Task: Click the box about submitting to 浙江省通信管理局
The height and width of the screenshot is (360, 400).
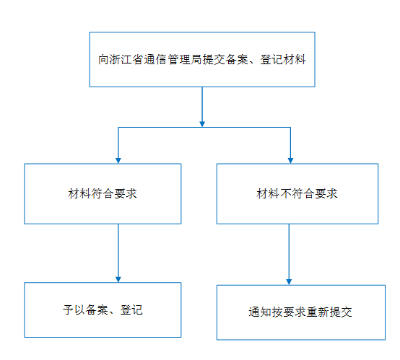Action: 202,59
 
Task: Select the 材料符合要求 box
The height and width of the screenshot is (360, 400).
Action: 103,194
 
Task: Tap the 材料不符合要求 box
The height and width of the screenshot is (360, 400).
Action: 297,194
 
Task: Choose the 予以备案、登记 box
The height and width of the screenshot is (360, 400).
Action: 103,309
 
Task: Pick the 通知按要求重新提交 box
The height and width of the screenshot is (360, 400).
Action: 301,312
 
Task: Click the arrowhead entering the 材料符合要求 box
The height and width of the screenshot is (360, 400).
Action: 118,161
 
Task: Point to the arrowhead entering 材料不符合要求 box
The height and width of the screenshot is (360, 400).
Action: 290,161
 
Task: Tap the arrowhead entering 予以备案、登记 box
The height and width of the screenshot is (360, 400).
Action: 118,279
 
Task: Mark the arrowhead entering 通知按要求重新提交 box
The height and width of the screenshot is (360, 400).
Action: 289,282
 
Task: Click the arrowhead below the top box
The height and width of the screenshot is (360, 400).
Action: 202,124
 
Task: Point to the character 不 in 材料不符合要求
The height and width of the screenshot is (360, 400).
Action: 285,194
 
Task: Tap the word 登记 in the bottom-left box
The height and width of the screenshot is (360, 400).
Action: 131,310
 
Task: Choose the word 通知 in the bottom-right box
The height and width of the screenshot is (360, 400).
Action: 260,312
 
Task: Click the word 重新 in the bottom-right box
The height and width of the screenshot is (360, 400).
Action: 318,312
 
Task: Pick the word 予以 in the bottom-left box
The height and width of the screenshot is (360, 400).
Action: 74,310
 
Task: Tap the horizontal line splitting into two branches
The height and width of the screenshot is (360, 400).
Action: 204,127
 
